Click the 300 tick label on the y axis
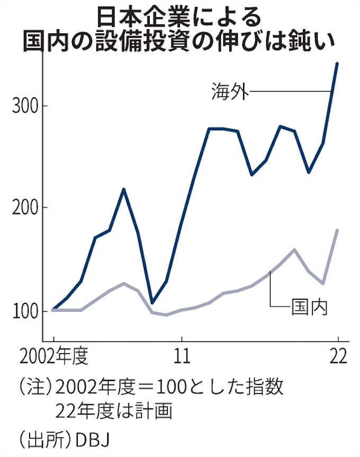coord(23,106)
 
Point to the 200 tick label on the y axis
coord(23,208)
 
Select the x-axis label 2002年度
coord(53,356)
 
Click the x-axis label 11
coord(182,356)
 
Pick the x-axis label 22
coord(337,356)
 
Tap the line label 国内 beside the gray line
coord(310,306)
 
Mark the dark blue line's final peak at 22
coord(337,64)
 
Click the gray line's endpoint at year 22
coord(337,230)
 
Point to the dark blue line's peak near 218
coord(124,189)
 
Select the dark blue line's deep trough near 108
coord(152,303)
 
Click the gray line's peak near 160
coord(294,249)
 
